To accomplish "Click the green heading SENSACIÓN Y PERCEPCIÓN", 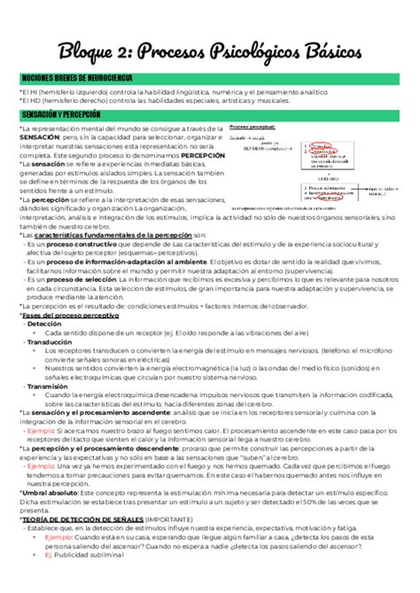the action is pyautogui.click(x=61, y=115).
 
